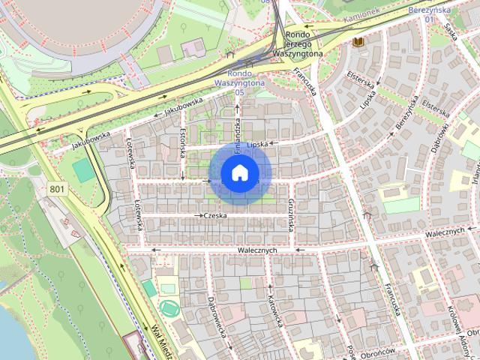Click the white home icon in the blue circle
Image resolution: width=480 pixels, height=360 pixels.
point(239,172)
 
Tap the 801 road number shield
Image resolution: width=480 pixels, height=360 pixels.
point(57,190)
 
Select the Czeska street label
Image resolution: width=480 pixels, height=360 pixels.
point(216,215)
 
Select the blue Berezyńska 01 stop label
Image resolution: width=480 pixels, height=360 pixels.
point(430,15)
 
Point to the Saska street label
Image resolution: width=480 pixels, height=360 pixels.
point(450,30)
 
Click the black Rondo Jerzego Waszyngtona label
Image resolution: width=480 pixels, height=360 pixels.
point(298,44)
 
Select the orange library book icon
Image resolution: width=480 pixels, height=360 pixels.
point(358,43)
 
